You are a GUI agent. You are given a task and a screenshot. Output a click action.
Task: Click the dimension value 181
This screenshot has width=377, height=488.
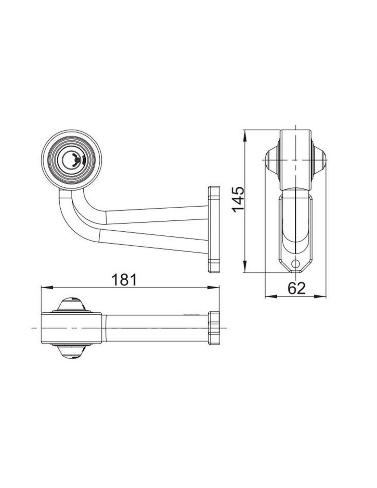(124, 280)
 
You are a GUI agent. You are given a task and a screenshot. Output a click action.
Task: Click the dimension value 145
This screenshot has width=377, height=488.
(238, 200)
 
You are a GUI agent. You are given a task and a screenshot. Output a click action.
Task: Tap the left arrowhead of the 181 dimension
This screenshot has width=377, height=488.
(47, 288)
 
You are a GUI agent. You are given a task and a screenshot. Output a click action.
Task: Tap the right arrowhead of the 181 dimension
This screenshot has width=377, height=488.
(213, 288)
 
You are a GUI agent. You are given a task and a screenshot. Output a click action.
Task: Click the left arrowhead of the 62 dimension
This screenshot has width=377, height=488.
(271, 297)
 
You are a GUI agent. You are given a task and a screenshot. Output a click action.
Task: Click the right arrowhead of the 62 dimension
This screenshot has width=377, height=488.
(320, 297)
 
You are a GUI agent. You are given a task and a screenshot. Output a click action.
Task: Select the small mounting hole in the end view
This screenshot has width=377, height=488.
(296, 263)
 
